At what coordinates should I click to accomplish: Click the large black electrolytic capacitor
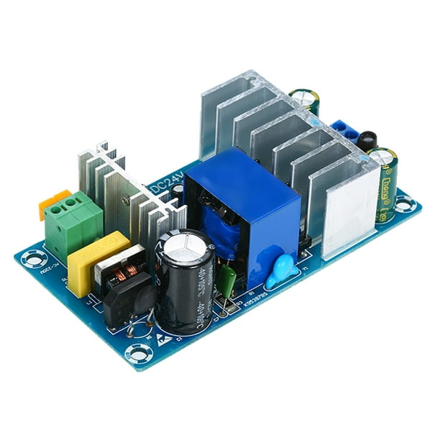(x=183, y=288)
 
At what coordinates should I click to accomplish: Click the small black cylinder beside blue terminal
(x=367, y=140)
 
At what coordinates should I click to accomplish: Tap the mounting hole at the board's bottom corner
(x=137, y=353)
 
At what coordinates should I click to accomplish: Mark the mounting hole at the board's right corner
(x=404, y=206)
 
